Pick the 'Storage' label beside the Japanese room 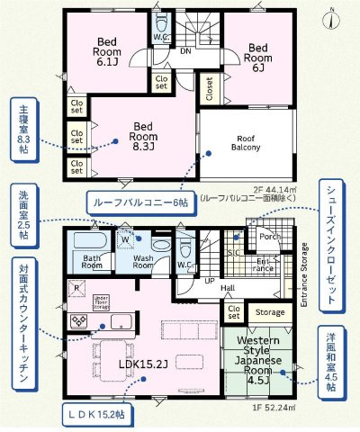[x=269, y=312]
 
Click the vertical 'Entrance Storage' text [x=303, y=274]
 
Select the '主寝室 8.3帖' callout [x=22, y=130]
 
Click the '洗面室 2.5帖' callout [x=22, y=212]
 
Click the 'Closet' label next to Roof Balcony [x=207, y=89]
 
